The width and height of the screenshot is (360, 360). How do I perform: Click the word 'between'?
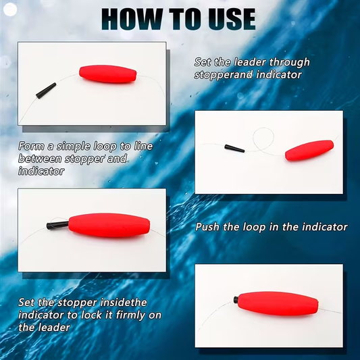tap(39, 159)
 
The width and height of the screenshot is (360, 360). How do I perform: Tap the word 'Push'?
tap(209, 228)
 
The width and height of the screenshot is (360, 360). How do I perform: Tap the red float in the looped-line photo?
tap(309, 150)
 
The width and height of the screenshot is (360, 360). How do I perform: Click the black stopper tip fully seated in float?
tap(236, 299)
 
